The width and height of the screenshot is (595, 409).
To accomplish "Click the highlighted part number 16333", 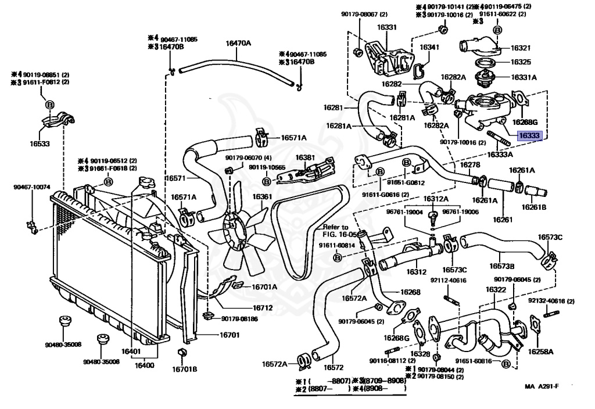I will coord(529,136).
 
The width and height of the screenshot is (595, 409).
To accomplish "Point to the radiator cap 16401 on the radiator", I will coord(144,185).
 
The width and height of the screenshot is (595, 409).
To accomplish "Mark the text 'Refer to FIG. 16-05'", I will coord(335,231).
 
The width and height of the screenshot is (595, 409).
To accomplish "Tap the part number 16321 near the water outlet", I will coord(521,48).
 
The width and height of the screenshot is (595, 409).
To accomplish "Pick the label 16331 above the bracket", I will coord(386,27).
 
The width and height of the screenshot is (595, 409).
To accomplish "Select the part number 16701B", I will coord(184,368).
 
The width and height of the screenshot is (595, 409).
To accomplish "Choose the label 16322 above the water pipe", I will coord(495,289).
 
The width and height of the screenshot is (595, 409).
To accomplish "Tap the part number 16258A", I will coord(540,351).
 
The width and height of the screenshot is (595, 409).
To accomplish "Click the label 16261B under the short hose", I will coord(533,207).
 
